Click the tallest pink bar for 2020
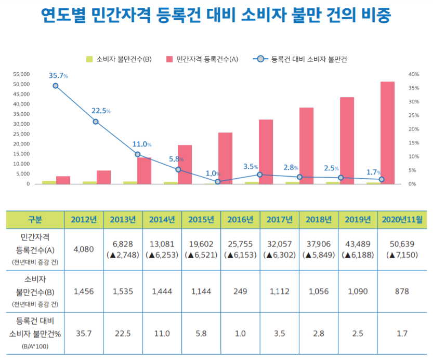click(x=387, y=132)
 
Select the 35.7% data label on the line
click(x=58, y=76)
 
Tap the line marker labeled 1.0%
click(x=218, y=181)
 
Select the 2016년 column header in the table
click(x=240, y=220)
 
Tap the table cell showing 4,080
click(x=83, y=249)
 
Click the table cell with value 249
click(x=240, y=291)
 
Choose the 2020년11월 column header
click(x=402, y=220)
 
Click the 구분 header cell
click(x=35, y=220)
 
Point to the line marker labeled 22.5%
click(x=96, y=122)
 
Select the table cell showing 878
click(x=402, y=291)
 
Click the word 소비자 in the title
click(x=265, y=16)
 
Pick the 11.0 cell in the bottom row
click(x=162, y=333)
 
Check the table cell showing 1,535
click(x=123, y=291)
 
